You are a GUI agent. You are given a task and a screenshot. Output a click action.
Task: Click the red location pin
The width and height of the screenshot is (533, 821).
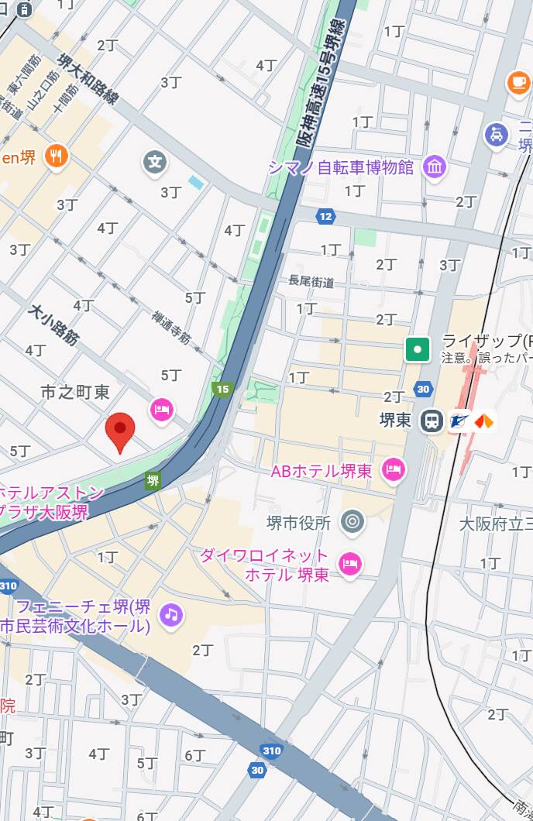120,431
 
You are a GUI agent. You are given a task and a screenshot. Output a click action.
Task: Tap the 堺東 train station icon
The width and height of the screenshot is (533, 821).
432,421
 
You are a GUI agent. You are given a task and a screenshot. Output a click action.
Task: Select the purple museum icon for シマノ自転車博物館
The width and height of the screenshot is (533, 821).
435,167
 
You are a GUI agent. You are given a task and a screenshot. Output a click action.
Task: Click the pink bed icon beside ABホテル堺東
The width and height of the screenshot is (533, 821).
394,469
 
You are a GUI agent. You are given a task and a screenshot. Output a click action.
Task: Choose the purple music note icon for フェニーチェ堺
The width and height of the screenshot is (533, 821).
170,616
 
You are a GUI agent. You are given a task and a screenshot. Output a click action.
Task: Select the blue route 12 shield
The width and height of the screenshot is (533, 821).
325,216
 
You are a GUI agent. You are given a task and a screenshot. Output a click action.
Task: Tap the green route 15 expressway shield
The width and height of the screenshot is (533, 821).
223,389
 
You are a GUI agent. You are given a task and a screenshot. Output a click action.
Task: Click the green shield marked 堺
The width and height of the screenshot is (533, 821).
153,481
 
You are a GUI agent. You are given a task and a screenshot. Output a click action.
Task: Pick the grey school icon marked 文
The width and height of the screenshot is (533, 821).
155,163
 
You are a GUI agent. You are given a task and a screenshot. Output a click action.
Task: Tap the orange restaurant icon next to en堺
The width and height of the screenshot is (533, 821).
56,157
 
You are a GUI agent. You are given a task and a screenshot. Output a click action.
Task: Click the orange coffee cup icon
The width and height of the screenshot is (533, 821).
518,82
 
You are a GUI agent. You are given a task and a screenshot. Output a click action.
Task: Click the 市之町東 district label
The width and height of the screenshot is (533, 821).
75,393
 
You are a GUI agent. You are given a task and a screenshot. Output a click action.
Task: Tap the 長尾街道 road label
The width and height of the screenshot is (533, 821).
311,282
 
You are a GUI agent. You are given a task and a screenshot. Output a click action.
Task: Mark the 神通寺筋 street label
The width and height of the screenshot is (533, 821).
171,327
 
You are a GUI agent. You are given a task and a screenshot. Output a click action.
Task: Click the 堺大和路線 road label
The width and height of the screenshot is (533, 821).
88,78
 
